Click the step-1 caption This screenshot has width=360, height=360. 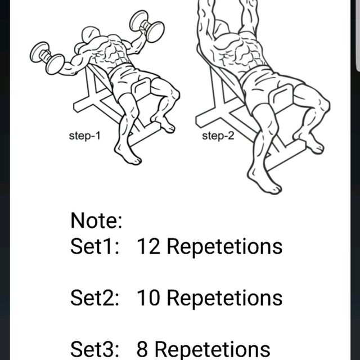coord(84,136)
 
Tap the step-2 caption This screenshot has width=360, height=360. coord(217,136)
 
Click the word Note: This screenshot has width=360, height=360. coord(96,220)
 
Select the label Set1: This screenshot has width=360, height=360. coord(94,246)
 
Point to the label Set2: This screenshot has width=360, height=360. coord(94,298)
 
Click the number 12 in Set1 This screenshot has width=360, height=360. coord(149,246)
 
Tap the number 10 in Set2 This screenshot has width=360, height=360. coord(149,298)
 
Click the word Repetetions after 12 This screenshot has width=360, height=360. coord(224,246)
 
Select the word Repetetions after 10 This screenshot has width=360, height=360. coord(224,298)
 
